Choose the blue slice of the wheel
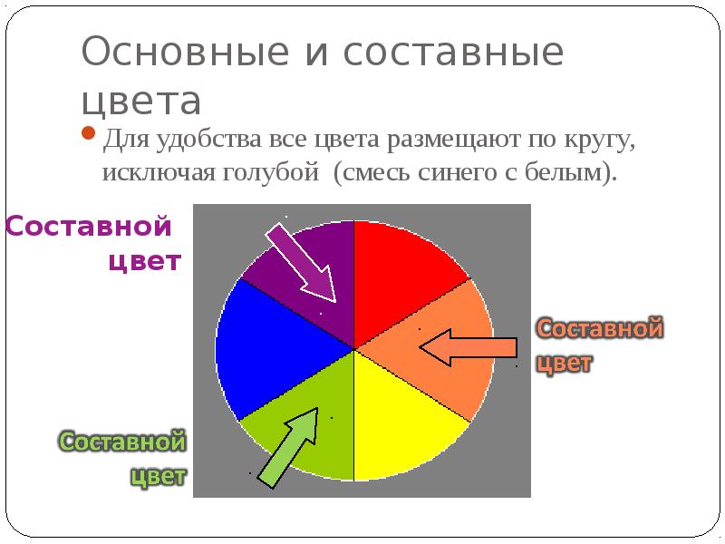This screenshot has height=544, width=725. pos(263,349)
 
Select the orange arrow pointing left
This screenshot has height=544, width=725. pos(468,347)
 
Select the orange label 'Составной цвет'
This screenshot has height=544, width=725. pos(598,345)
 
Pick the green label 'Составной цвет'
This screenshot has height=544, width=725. pos(124,458)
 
